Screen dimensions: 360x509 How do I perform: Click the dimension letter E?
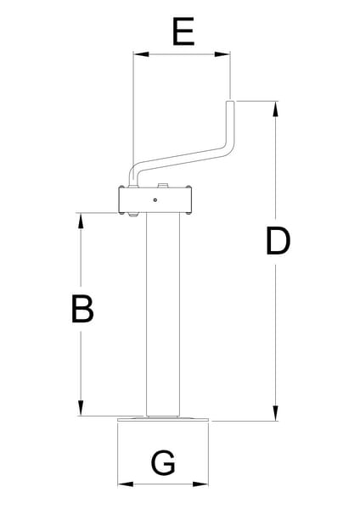[183, 31]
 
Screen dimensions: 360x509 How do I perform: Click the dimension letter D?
[278, 241]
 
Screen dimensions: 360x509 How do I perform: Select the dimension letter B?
[82, 309]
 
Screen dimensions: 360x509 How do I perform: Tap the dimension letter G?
[163, 462]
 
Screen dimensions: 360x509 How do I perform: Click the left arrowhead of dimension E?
[141, 54]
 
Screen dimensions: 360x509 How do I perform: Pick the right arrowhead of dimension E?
[222, 54]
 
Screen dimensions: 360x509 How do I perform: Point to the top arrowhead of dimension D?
[276, 109]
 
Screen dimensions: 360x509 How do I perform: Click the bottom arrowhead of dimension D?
[276, 413]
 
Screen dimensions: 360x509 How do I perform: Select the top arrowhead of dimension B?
[81, 221]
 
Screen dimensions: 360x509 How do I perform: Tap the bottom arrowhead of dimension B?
[81, 408]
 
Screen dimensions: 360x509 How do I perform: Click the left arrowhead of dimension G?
[126, 484]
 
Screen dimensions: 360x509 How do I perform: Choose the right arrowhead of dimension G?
[200, 484]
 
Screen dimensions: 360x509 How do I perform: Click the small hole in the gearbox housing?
[155, 200]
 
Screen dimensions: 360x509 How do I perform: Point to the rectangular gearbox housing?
[155, 200]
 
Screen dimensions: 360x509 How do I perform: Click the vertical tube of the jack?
[162, 314]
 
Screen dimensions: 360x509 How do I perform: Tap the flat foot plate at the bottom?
[163, 419]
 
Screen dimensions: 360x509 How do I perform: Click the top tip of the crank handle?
[230, 101]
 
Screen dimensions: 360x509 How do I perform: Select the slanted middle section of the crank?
[182, 159]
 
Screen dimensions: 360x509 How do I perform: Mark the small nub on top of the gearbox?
[162, 185]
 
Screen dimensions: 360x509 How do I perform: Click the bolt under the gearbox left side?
[133, 215]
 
